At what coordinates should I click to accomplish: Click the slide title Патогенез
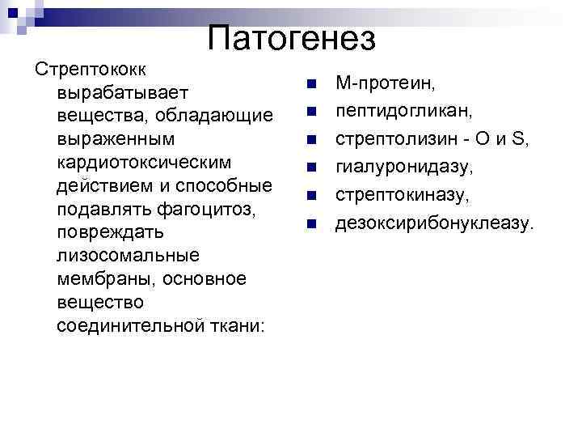pos(291,38)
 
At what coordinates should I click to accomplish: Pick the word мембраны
pos(107,279)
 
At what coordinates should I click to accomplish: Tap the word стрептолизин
pos(390,139)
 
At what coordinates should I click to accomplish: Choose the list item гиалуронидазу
pos(404,167)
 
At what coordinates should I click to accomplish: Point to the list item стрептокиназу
pos(402,195)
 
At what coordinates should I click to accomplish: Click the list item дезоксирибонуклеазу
pos(435,223)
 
